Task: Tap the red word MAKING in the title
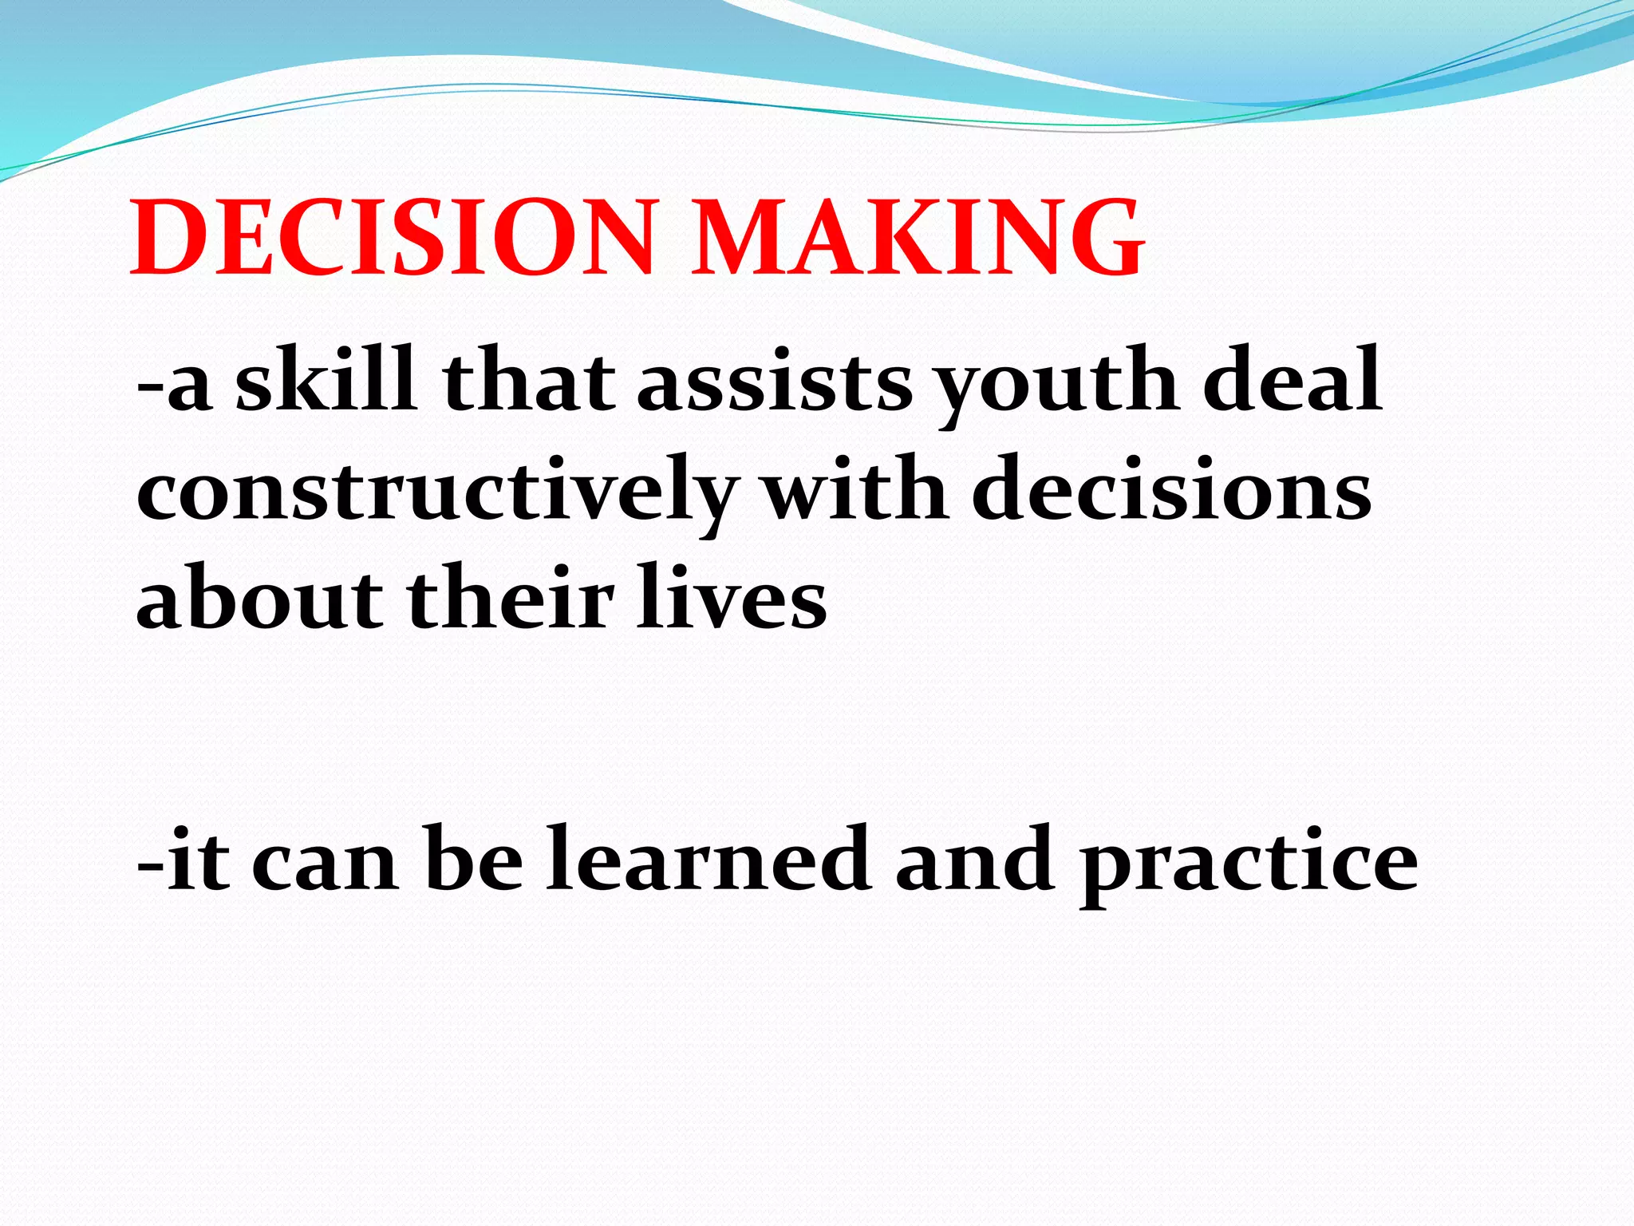point(918,239)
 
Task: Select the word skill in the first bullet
point(326,381)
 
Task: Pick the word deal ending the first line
point(1293,381)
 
